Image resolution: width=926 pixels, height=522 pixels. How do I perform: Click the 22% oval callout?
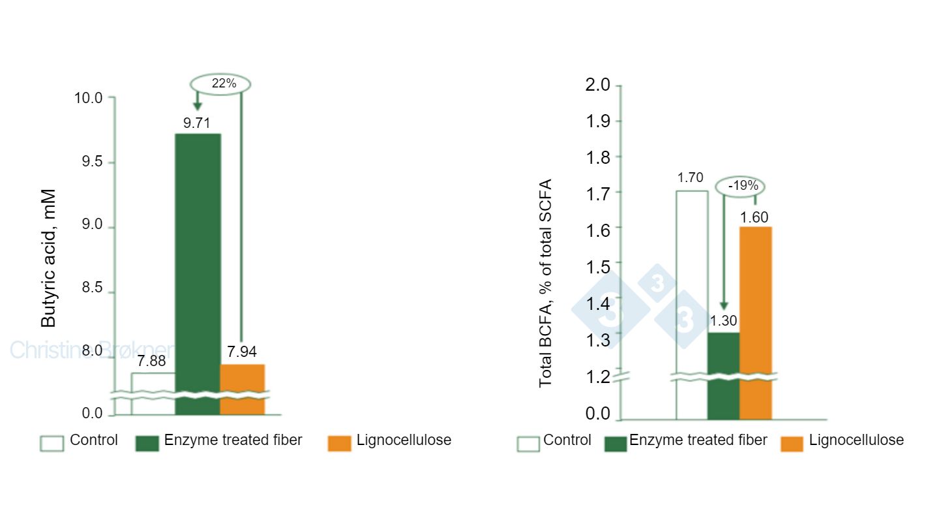click(220, 84)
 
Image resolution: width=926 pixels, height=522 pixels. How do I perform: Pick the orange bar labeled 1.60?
click(755, 300)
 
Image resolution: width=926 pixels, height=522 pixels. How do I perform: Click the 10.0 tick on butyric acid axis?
click(89, 98)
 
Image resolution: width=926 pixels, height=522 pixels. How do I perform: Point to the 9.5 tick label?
click(89, 162)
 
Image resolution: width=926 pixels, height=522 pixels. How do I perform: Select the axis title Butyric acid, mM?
click(49, 258)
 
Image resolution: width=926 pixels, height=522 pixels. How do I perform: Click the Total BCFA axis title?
click(545, 283)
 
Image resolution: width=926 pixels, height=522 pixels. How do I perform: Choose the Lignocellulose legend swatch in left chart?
click(338, 443)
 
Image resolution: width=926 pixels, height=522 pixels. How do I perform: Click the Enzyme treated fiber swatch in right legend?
click(616, 444)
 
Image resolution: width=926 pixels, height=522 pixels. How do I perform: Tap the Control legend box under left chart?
click(52, 443)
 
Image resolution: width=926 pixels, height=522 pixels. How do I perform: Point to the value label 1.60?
click(754, 217)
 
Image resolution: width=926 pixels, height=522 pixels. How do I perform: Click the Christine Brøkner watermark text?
click(91, 350)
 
